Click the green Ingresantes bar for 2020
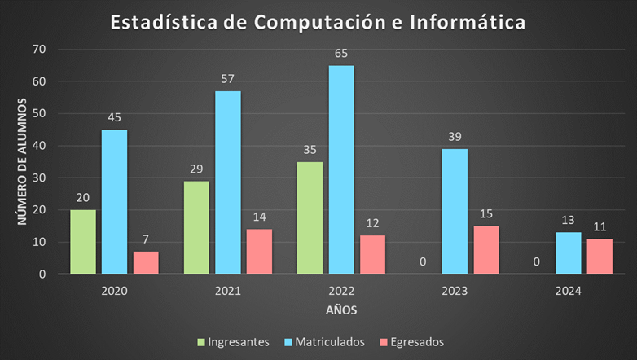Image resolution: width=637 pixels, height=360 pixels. (x=83, y=242)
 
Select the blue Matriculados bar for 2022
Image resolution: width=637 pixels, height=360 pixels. (x=341, y=169)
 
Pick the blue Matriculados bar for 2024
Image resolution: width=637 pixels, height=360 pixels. (x=568, y=253)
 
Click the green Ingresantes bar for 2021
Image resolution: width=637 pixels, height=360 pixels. (x=196, y=227)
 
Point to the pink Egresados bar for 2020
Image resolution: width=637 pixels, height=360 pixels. (x=146, y=263)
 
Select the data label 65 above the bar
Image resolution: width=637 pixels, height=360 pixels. (x=341, y=54)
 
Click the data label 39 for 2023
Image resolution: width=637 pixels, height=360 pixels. (x=455, y=137)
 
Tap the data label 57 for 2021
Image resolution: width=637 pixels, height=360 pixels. (x=228, y=80)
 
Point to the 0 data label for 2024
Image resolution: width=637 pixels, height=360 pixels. (x=537, y=262)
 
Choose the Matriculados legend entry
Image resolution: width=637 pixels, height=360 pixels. (x=330, y=342)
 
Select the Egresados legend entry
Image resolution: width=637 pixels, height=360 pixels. (x=415, y=342)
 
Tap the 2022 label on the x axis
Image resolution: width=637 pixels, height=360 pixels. (x=341, y=290)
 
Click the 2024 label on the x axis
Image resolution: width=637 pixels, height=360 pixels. (x=568, y=290)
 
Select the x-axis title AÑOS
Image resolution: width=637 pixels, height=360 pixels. (x=341, y=310)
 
